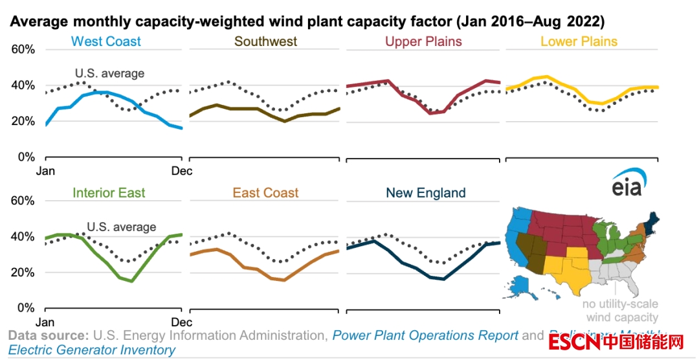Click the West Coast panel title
[x=106, y=42]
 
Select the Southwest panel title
[x=265, y=42]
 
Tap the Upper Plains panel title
[x=423, y=42]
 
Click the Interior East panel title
[x=109, y=193]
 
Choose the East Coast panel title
[x=266, y=193]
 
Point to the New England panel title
[x=425, y=193]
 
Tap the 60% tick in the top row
[x=23, y=50]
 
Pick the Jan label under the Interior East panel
[x=44, y=322]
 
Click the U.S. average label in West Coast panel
[x=109, y=73]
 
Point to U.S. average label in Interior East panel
[x=121, y=227]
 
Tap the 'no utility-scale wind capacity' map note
[x=621, y=311]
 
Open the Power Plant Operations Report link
[x=425, y=335]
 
